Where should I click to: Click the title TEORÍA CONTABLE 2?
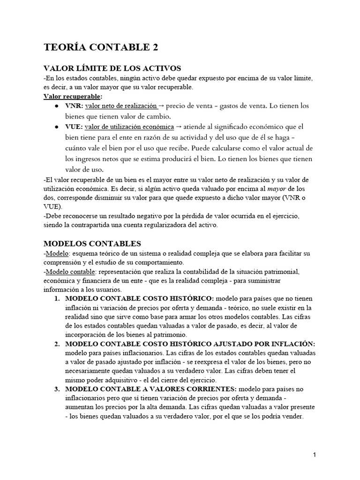(x=101, y=47)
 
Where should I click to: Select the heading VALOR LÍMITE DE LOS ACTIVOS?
(x=112, y=68)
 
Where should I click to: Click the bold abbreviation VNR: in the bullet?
(x=75, y=106)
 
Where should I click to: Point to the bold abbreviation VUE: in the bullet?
(x=75, y=127)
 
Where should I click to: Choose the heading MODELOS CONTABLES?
(x=92, y=244)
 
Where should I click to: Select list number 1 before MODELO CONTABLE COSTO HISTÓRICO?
(x=57, y=299)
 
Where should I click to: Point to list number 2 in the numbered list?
(x=57, y=344)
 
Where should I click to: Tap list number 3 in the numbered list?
(x=57, y=389)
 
